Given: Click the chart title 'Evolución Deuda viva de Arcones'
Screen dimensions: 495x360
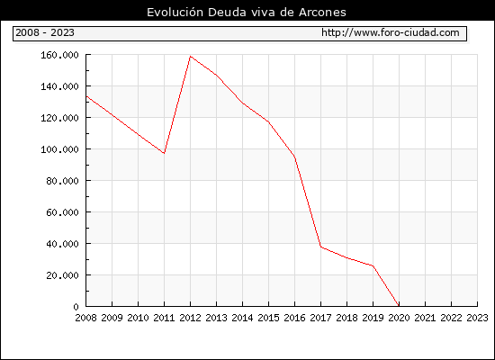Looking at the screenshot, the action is (247, 12).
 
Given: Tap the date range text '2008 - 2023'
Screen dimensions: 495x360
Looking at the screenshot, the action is (45, 32).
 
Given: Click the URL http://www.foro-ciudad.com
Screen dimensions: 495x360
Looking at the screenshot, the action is (391, 32).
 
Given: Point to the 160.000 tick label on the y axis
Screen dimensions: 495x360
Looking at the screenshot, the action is (59, 55).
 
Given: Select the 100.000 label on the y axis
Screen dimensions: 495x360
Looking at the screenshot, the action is (59, 149).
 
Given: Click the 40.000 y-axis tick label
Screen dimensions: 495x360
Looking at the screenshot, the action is (62, 244).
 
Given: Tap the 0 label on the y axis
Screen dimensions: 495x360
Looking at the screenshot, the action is (76, 307).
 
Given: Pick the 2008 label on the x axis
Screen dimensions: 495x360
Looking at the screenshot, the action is (85, 318).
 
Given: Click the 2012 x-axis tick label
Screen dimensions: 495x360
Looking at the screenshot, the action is (191, 318).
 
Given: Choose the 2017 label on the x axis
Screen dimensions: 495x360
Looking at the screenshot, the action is (320, 318).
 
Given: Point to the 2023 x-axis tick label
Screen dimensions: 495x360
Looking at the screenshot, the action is (477, 318).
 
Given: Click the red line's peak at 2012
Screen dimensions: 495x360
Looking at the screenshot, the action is (191, 56).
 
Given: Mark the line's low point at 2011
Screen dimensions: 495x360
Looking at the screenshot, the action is (164, 154).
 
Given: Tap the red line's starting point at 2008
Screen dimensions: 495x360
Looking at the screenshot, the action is (86, 96).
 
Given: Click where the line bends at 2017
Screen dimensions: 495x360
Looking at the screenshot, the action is (320, 247).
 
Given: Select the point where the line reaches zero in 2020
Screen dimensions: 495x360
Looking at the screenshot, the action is (399, 306).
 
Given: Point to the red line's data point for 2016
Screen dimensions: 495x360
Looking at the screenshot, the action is (294, 157).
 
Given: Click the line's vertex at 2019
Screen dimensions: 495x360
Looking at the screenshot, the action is (373, 265).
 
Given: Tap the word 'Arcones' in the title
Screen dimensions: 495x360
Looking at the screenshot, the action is (322, 13).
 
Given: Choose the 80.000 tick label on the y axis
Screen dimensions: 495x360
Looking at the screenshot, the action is (62, 181).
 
